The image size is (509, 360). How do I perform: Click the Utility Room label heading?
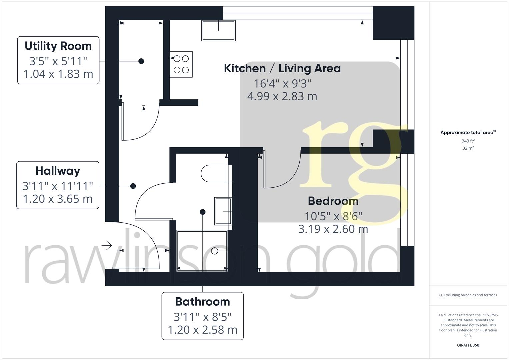click(x=58, y=46)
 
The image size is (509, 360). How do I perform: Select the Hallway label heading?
click(x=58, y=171)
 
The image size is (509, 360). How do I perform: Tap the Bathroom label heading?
click(x=202, y=302)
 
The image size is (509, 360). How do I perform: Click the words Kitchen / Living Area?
click(x=282, y=68)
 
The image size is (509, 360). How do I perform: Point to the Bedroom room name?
click(x=333, y=201)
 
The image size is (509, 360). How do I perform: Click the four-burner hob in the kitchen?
click(x=181, y=64)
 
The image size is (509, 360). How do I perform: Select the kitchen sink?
click(x=218, y=31)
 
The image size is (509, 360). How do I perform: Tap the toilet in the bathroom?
click(x=215, y=173)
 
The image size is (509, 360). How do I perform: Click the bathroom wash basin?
click(x=223, y=211)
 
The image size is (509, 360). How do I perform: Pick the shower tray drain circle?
click(x=215, y=251)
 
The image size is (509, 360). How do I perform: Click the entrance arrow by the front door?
click(x=107, y=246)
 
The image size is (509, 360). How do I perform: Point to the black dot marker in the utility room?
click(x=141, y=61)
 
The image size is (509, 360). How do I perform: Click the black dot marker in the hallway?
click(x=133, y=186)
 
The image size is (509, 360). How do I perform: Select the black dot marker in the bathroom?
click(x=202, y=212)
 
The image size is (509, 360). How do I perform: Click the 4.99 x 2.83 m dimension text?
click(x=282, y=96)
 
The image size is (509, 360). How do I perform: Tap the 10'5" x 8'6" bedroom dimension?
click(x=333, y=216)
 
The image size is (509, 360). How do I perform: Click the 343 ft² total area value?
click(x=468, y=141)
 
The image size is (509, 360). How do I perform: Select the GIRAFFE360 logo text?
click(x=468, y=345)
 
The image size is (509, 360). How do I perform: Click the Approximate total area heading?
click(x=468, y=132)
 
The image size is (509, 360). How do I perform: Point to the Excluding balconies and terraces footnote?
click(x=468, y=295)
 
